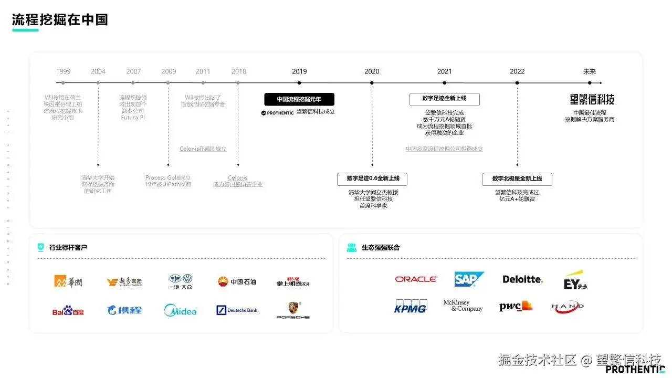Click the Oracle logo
click(416, 279)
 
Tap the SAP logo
click(469, 279)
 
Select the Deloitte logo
click(522, 279)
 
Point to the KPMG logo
click(411, 307)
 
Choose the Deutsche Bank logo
click(237, 310)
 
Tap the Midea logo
click(180, 310)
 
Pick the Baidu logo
click(68, 311)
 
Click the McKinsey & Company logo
click(463, 306)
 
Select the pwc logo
click(515, 307)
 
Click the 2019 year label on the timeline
click(299, 71)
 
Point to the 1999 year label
click(63, 71)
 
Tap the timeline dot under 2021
click(444, 83)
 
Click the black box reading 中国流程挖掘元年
click(299, 99)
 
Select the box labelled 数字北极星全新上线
click(517, 179)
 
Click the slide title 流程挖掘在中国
click(60, 20)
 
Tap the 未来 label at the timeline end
click(590, 71)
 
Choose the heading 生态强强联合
click(381, 247)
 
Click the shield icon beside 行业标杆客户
click(40, 247)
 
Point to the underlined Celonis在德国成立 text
click(203, 149)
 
